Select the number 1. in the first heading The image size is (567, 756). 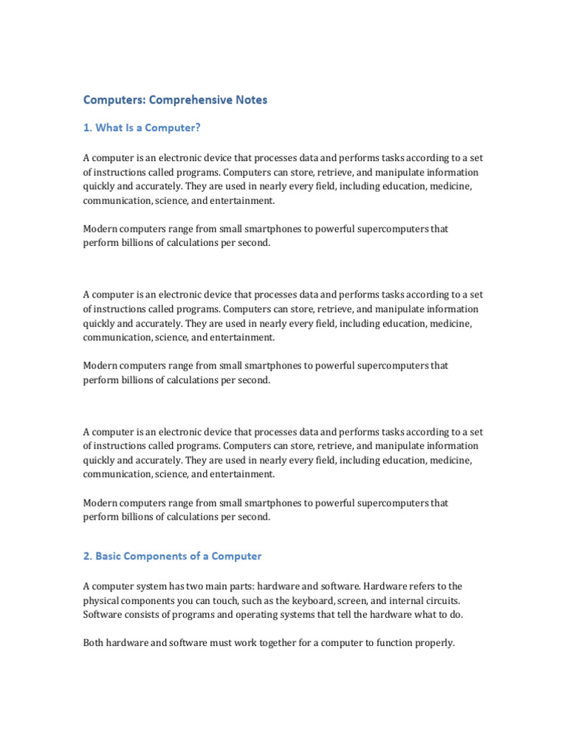[x=88, y=128]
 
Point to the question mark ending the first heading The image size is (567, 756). [x=198, y=128]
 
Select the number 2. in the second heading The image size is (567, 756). [x=88, y=556]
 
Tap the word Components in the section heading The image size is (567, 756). [x=162, y=556]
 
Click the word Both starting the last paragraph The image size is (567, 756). [x=94, y=643]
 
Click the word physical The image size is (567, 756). [x=101, y=600]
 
